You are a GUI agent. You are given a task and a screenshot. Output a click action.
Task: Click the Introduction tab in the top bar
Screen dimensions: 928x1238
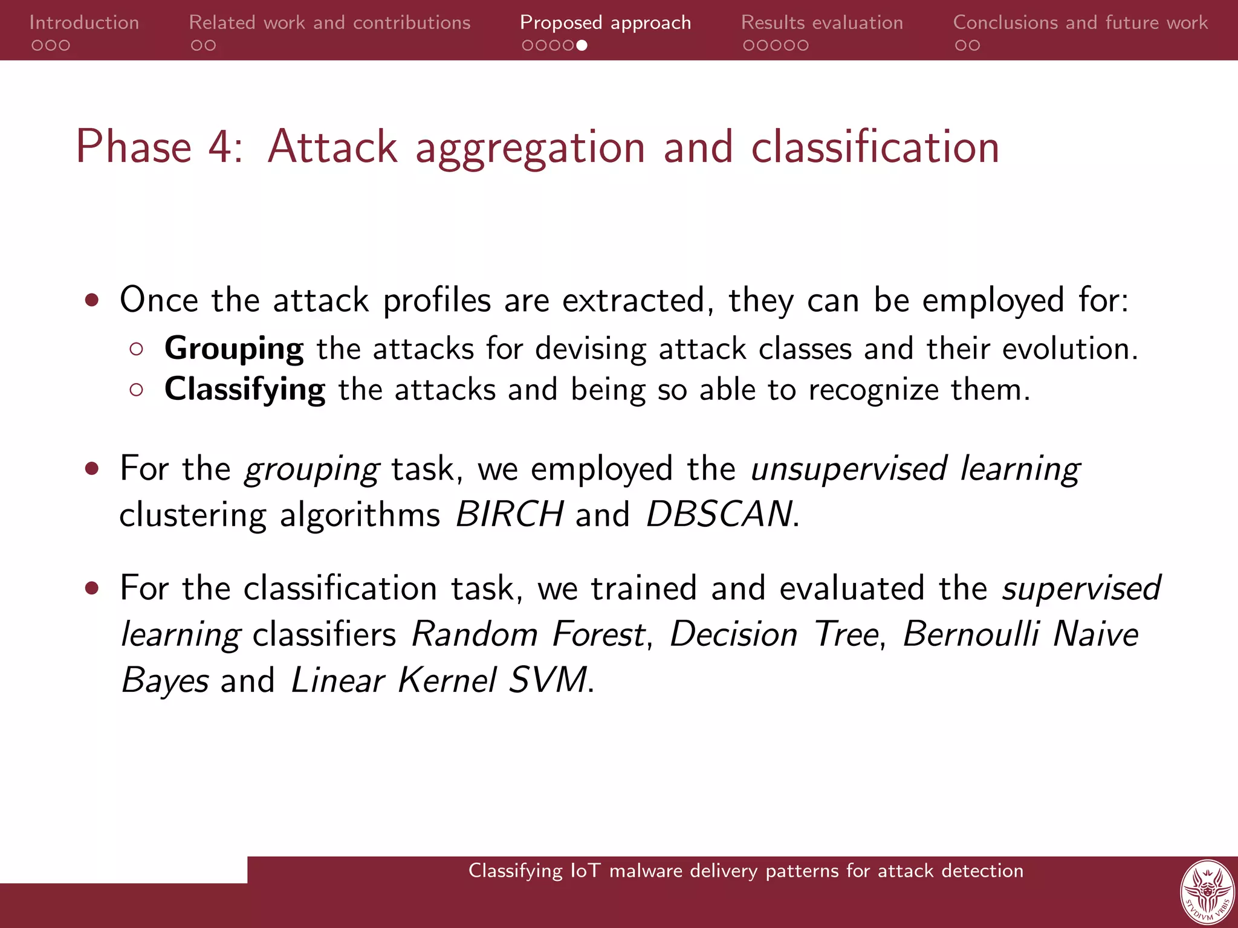click(84, 23)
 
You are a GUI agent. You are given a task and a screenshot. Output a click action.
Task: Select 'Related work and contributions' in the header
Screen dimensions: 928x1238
click(329, 23)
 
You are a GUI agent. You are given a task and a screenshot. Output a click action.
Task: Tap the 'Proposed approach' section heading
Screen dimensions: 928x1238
click(605, 23)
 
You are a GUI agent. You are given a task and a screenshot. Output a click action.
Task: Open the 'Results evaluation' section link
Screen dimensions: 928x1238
click(822, 23)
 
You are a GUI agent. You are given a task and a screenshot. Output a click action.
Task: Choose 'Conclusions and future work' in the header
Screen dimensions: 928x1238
click(1080, 23)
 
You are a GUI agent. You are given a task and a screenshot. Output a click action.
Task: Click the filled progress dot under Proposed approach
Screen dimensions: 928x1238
click(582, 45)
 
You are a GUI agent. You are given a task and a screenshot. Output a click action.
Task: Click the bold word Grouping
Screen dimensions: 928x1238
click(234, 349)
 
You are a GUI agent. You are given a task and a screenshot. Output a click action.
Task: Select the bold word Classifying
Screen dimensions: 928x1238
click(245, 390)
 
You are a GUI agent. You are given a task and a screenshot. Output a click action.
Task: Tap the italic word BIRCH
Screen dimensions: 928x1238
click(510, 514)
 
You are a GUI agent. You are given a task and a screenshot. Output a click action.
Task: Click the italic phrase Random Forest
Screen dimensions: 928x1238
click(528, 634)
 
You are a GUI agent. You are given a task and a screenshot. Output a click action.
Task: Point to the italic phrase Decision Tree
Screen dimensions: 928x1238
click(774, 634)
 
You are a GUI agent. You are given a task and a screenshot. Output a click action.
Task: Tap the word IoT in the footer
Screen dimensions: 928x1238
click(586, 871)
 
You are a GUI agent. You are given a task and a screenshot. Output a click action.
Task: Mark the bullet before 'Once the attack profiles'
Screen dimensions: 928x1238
click(92, 300)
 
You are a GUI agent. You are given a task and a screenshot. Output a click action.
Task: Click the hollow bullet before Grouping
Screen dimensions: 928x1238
click(137, 349)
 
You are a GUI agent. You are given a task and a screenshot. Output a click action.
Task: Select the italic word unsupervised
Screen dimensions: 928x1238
click(848, 469)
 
